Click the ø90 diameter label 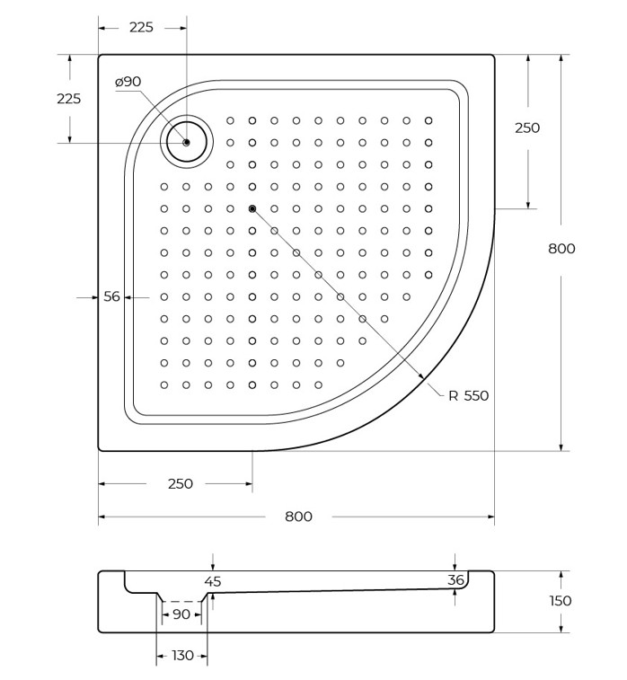128,82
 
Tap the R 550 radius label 468,395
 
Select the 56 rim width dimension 111,296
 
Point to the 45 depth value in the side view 213,581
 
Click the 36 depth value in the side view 455,579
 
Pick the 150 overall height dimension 561,601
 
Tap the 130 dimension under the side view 182,655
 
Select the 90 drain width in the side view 181,614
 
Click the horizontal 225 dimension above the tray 141,27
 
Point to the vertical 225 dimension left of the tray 68,99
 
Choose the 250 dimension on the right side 527,128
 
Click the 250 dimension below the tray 180,483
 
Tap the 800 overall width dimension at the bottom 298,517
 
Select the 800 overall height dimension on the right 561,249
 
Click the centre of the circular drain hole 187,142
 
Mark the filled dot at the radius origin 252,208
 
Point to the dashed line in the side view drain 181,602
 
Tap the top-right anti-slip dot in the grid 428,120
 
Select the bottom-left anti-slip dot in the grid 163,384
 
